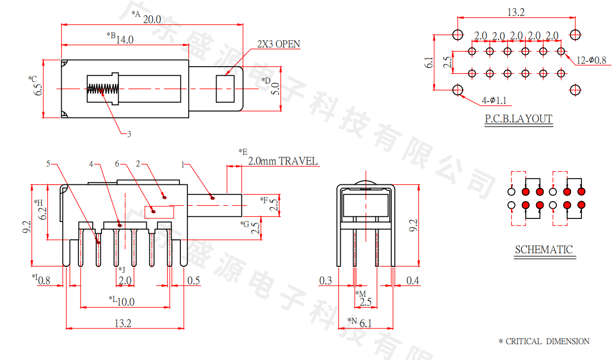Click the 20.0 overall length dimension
152,19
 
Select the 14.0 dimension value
124,40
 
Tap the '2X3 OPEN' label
278,44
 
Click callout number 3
129,134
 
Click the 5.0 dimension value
275,89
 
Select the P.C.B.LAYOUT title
518,119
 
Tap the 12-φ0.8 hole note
591,61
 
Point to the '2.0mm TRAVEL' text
283,161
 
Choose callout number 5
48,164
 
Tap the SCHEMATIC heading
544,250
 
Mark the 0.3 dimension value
325,281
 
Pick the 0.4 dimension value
413,281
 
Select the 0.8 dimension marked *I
44,280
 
